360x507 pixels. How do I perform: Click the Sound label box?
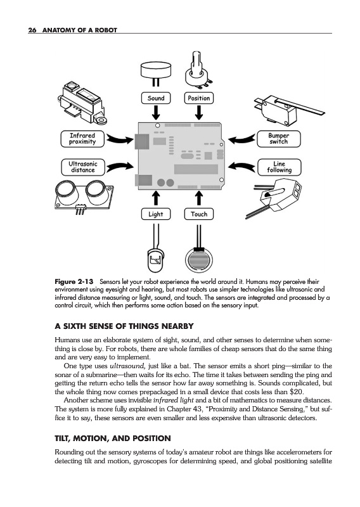pos(156,98)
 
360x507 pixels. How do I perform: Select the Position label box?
pos(199,98)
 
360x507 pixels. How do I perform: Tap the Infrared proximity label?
pos(83,139)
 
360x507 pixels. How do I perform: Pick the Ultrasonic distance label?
pos(83,167)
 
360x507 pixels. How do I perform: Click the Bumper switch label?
pos(279,139)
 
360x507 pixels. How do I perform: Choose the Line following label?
pos(280,167)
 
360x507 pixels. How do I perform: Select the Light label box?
pos(156,214)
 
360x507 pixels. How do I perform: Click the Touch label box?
pos(199,214)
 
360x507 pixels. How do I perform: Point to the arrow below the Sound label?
pos(156,113)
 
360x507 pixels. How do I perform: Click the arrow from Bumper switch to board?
pos(242,139)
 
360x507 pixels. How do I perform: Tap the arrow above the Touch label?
pos(199,199)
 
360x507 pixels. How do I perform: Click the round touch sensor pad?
pos(199,260)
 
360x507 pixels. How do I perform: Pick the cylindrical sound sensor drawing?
pos(156,72)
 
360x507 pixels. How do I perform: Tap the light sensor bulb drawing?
pos(155,260)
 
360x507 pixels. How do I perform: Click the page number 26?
pos(32,30)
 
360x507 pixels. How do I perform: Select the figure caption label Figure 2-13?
pos(74,281)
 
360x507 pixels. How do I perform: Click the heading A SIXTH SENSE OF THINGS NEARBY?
pos(124,326)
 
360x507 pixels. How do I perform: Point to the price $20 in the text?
pos(297,392)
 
